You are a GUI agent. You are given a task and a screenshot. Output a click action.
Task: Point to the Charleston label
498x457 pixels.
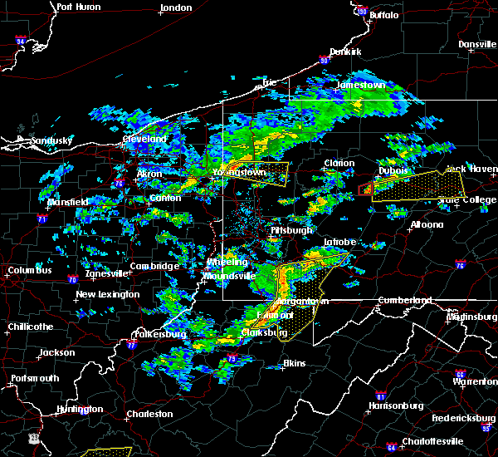pyautogui.click(x=149, y=413)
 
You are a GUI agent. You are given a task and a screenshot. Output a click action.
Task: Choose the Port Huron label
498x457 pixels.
pyautogui.click(x=79, y=7)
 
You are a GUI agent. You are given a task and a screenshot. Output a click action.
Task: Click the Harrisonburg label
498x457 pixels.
pyautogui.click(x=397, y=405)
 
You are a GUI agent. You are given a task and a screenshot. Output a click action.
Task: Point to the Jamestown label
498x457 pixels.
pyautogui.click(x=360, y=85)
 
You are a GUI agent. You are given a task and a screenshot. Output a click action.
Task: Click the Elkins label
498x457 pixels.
pyautogui.click(x=294, y=363)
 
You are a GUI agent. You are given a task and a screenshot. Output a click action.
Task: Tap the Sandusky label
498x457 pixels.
pyautogui.click(x=49, y=141)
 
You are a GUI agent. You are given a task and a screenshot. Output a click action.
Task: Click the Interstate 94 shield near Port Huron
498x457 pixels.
pyautogui.click(x=20, y=40)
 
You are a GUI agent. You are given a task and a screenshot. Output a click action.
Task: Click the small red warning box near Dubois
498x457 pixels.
pyautogui.click(x=364, y=190)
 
